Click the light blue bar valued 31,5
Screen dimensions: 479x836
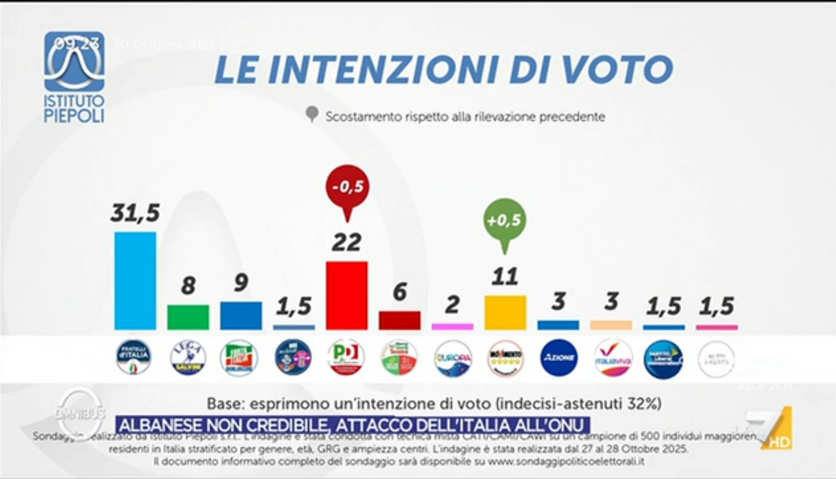tap(135, 280)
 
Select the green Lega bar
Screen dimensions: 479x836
tap(188, 317)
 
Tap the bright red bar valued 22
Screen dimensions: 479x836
tap(346, 295)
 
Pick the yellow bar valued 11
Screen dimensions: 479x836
tap(505, 313)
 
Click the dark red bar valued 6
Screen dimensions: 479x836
tap(399, 320)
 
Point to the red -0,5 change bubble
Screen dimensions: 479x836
tap(347, 187)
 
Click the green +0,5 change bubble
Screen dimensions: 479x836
tap(504, 220)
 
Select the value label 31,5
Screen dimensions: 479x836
tap(135, 213)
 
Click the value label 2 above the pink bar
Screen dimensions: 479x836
tap(452, 305)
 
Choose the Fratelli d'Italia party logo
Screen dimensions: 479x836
tap(134, 357)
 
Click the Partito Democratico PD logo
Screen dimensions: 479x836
tap(346, 357)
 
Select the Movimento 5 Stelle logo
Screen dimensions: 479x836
tap(505, 357)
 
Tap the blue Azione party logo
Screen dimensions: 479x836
tap(558, 357)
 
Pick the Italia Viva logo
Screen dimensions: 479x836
tap(612, 357)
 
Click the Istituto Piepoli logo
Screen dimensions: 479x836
tap(75, 77)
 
